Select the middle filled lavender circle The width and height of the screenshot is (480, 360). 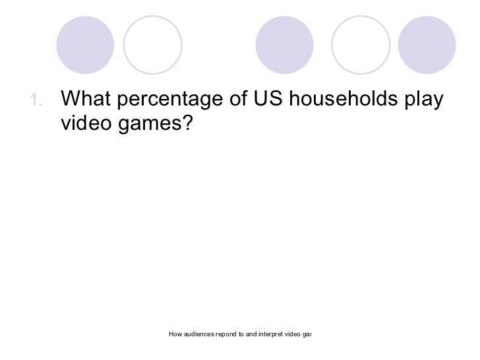click(284, 44)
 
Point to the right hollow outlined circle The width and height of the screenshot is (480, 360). click(360, 44)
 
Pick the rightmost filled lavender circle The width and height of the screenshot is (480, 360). click(427, 44)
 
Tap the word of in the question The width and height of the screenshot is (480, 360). click(236, 100)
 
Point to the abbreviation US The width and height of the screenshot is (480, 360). click(266, 100)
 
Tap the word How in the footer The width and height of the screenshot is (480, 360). click(176, 334)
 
